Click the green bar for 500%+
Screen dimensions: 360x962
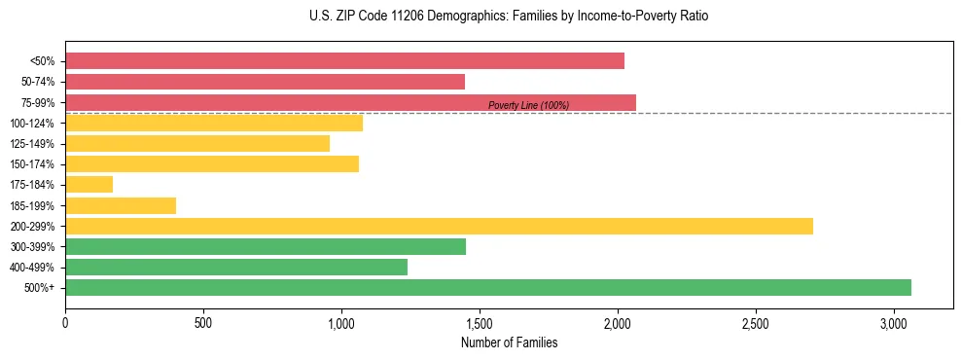487,287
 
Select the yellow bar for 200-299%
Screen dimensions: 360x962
439,226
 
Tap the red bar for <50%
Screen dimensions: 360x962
344,60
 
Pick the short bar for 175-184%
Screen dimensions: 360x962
89,184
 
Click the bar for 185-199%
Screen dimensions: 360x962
121,205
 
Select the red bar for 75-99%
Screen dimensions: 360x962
350,102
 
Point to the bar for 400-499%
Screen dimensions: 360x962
236,267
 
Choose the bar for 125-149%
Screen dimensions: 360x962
197,143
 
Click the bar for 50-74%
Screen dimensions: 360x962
265,82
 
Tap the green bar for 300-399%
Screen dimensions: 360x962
266,246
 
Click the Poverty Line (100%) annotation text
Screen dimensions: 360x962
528,105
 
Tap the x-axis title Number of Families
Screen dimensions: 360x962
509,342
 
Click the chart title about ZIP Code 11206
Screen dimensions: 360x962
509,17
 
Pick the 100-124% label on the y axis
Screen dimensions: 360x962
32,123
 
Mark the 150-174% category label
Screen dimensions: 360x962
32,164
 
